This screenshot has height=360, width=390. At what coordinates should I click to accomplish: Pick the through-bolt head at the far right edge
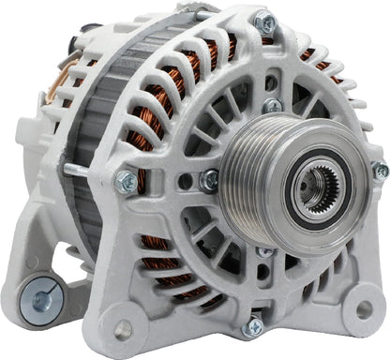tap(380, 170)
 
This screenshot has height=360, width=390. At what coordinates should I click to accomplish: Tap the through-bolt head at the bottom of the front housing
tap(253, 327)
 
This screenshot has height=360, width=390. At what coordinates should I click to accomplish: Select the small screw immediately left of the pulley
tap(209, 179)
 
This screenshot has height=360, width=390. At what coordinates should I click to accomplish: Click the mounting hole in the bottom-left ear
tap(125, 329)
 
